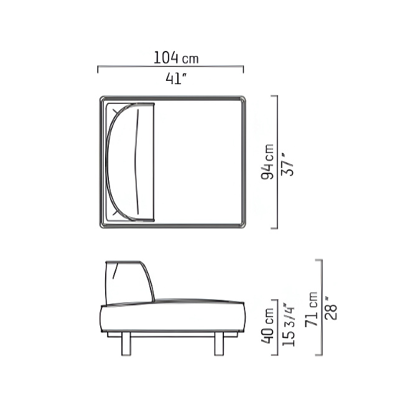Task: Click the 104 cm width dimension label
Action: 176,58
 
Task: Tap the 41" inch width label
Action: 175,78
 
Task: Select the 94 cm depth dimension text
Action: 267,162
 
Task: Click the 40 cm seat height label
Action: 267,326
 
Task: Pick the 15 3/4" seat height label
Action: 289,325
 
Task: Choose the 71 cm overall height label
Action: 312,309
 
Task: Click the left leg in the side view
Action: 126,343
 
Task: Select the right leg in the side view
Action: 219,343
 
